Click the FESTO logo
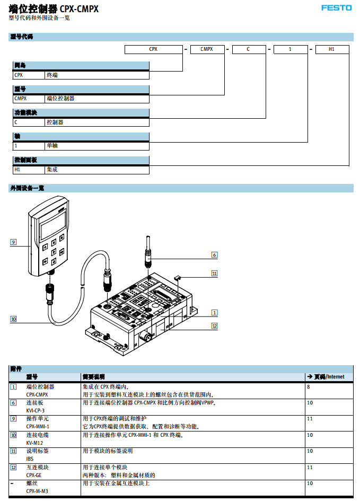click(336, 8)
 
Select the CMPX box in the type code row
click(207, 49)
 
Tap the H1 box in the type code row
click(332, 49)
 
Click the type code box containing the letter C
click(248, 49)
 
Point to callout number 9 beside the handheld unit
click(13, 242)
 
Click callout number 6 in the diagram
click(214, 255)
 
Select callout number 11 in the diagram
click(214, 274)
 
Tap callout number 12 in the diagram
click(214, 326)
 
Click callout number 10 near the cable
click(13, 319)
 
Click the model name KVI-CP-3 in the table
click(36, 410)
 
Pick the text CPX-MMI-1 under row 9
click(37, 426)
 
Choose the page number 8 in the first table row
click(308, 387)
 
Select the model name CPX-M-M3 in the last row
click(37, 491)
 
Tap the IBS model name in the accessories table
click(30, 459)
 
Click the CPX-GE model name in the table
click(34, 475)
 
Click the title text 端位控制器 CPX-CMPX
click(54, 9)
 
